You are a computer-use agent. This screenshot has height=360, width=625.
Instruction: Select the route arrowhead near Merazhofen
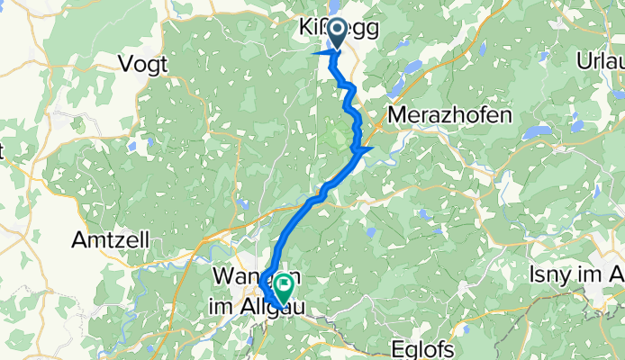(x=366, y=149)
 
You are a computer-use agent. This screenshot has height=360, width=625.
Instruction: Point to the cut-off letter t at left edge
(x=3, y=152)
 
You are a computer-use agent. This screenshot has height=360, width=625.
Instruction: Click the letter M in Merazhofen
(x=396, y=115)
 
